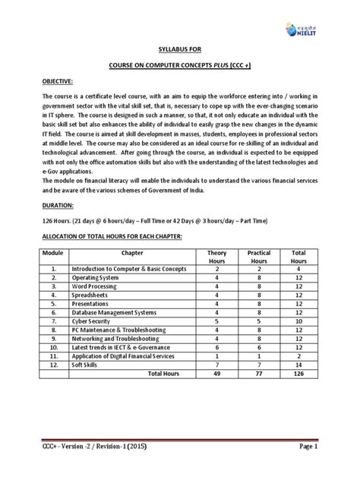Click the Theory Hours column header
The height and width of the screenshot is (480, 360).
[216, 257]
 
